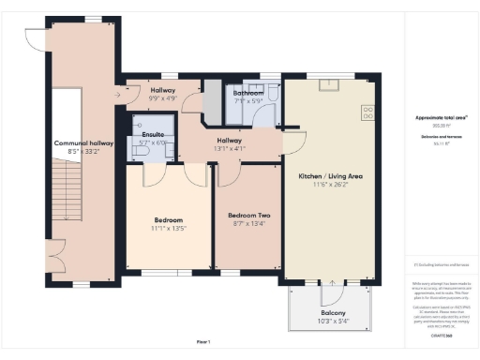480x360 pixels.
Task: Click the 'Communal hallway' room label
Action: click(82, 143)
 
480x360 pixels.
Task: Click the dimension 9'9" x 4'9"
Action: click(164, 97)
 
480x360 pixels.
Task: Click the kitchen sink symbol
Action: click(328, 84)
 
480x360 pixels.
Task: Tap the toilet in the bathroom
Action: click(272, 93)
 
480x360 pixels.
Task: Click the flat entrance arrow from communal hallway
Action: click(121, 94)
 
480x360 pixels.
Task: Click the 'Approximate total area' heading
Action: click(441, 117)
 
